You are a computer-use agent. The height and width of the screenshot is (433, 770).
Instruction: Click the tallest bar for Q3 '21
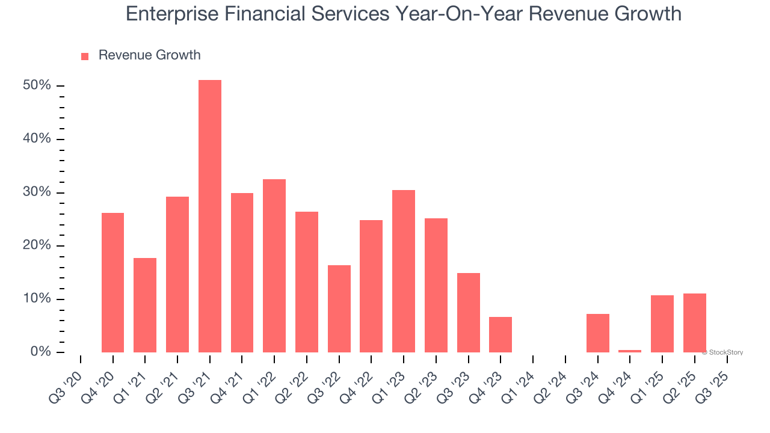click(x=210, y=216)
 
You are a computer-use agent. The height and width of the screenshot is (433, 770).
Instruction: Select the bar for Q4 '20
click(x=112, y=283)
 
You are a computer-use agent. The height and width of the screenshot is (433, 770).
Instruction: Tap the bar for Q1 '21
click(x=145, y=305)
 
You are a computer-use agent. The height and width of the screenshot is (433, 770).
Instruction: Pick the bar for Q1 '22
click(x=274, y=265)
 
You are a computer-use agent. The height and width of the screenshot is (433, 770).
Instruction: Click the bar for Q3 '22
click(x=339, y=309)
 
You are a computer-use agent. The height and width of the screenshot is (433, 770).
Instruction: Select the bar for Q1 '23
click(x=404, y=271)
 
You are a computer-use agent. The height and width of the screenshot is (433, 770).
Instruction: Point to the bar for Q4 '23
click(x=500, y=334)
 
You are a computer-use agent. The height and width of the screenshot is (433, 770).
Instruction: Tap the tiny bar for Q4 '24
click(x=630, y=351)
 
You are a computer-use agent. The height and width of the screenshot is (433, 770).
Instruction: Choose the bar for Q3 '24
click(x=598, y=333)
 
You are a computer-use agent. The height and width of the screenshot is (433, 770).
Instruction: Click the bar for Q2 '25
click(x=695, y=322)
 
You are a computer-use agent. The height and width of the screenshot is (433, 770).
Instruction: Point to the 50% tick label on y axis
click(x=37, y=86)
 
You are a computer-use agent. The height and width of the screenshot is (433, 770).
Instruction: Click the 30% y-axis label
click(x=37, y=192)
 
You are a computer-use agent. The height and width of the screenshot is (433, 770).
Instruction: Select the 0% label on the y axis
click(x=40, y=352)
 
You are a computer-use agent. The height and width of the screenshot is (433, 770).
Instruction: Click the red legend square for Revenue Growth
click(x=85, y=57)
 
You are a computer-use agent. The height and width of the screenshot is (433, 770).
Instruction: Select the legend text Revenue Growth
click(x=149, y=55)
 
